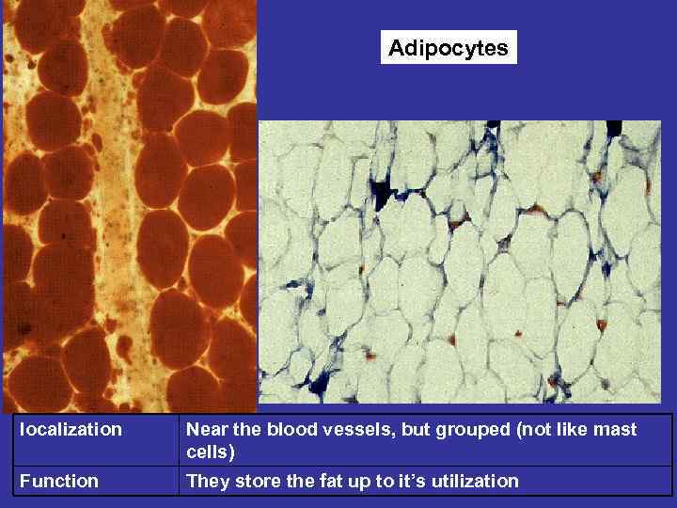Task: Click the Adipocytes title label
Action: [x=449, y=48]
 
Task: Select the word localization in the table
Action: [x=71, y=430]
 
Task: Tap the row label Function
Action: [x=58, y=482]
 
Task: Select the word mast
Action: [x=617, y=430]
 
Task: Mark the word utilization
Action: [x=472, y=482]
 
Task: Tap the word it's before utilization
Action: [x=406, y=482]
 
